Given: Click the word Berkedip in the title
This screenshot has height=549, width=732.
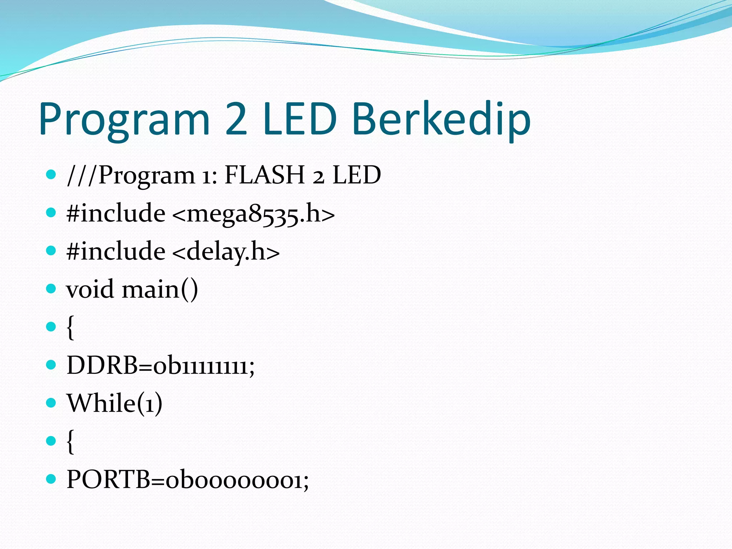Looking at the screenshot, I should (x=441, y=119).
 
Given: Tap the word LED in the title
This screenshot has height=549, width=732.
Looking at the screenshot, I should (x=300, y=119).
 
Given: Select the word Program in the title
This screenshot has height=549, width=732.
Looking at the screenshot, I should (x=124, y=120).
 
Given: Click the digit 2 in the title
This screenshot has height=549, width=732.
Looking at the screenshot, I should (x=236, y=119).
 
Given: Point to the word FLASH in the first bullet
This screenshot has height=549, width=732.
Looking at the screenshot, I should (x=264, y=175).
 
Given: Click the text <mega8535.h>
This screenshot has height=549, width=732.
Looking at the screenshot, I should (x=253, y=214).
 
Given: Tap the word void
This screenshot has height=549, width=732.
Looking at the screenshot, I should (x=90, y=289).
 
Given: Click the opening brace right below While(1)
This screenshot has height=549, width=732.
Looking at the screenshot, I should (x=70, y=442).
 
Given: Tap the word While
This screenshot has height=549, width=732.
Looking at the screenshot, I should (x=101, y=403).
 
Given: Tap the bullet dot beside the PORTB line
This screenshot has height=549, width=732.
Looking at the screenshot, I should (x=51, y=479).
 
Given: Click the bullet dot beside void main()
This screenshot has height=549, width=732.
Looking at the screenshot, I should (x=51, y=288).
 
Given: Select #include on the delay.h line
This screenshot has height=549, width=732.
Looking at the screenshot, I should (x=116, y=251).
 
